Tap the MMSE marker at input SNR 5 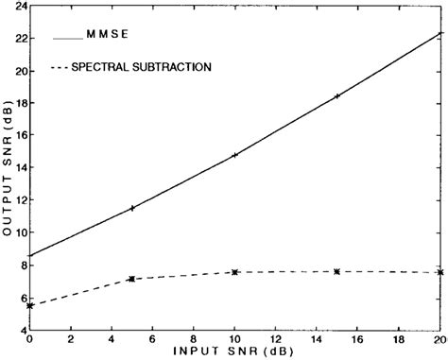[x=132, y=208]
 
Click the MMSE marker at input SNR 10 [x=234, y=155]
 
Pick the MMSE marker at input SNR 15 [x=337, y=96]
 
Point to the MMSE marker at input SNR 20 [x=439, y=34]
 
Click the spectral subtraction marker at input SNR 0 [x=30, y=305]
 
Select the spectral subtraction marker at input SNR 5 [x=132, y=279]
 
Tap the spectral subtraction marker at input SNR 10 [x=234, y=272]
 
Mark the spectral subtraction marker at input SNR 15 [x=337, y=271]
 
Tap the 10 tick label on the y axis [x=19, y=232]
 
